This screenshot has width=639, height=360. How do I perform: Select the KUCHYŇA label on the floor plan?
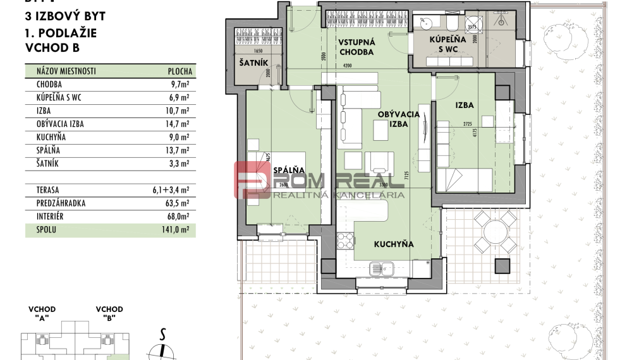pos(393,244)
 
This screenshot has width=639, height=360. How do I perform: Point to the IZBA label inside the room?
pos(464,105)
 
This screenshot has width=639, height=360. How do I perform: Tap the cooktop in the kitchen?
pos(345,241)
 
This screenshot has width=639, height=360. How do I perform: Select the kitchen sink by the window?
pos(386,270)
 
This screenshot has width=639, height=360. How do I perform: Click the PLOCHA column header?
pos(180,71)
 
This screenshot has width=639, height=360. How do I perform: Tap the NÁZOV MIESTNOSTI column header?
pos(66,71)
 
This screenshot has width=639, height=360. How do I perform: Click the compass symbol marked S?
pos(163,346)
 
